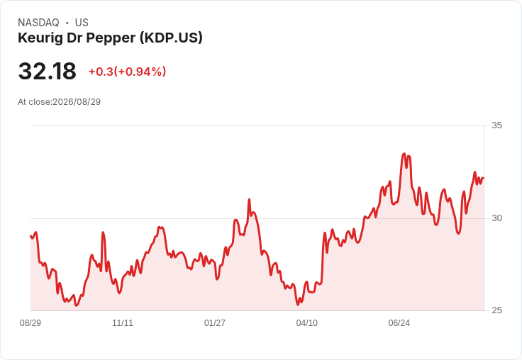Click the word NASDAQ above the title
click(x=38, y=23)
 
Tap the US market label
click(x=82, y=23)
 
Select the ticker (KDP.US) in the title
click(x=171, y=38)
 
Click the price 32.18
click(x=48, y=71)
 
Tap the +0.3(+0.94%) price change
click(x=127, y=72)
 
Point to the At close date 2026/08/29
click(x=77, y=102)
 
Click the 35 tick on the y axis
click(x=496, y=125)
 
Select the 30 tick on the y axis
click(x=496, y=218)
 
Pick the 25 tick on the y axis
click(x=496, y=310)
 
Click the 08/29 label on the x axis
click(x=30, y=322)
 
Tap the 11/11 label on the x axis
click(x=123, y=322)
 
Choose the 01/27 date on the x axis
click(x=215, y=322)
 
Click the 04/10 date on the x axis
click(x=307, y=322)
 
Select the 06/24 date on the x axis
click(x=399, y=322)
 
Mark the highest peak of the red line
click(x=404, y=154)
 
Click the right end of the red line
click(x=484, y=178)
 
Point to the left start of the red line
click(x=30, y=236)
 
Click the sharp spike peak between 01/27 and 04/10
click(x=249, y=199)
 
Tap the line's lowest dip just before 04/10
click(x=298, y=305)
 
